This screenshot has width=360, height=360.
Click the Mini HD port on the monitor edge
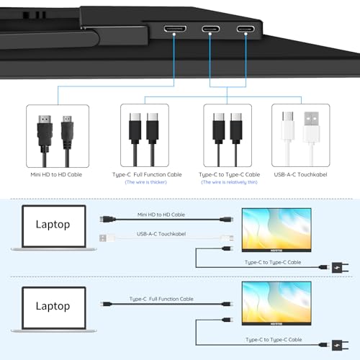coord(175,29)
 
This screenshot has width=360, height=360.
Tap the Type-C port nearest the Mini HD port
coord(211,29)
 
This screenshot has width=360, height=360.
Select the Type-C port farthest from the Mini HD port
coord(246,29)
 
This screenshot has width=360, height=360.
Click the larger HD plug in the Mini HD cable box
coord(45,131)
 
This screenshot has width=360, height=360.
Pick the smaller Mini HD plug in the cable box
coord(67,132)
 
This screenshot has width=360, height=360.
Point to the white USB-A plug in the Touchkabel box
coord(312,127)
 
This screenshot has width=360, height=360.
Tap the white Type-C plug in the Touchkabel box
coord(287,127)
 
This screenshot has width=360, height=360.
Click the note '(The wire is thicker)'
coord(146,182)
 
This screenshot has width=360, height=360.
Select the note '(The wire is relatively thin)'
coord(229,182)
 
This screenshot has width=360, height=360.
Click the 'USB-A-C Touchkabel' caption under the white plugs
coord(300,174)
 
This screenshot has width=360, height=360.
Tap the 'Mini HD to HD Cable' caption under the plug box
coord(56,174)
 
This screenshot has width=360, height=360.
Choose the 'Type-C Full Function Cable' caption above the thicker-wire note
coord(147,175)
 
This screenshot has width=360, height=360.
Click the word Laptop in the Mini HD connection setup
coord(53,225)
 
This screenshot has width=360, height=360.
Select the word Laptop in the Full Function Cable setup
coord(53,306)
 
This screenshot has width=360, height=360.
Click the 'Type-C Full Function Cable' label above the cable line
coord(161,299)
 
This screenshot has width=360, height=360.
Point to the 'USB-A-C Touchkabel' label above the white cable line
coord(161,234)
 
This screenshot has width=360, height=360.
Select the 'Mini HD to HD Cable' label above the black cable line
coord(161,215)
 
